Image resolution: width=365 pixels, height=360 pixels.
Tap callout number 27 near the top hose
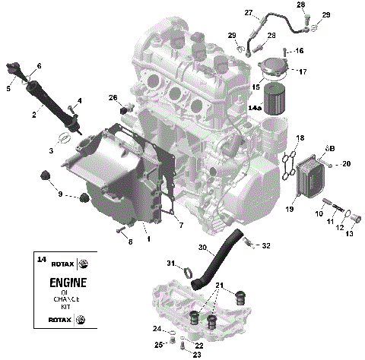coord(249,13)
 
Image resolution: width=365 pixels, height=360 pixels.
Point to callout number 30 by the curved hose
coord(202,248)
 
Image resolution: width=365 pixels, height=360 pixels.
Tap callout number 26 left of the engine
coord(113,98)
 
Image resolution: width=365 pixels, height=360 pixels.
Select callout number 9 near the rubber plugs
coord(61,195)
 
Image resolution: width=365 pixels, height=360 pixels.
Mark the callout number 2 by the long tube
coord(33,115)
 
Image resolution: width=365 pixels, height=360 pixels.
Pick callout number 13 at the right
coord(350,234)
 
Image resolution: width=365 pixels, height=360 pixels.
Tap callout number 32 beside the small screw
coord(266,246)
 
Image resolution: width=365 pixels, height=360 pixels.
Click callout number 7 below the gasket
coord(180,226)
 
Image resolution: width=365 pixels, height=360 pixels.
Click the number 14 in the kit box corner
coord(41,261)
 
